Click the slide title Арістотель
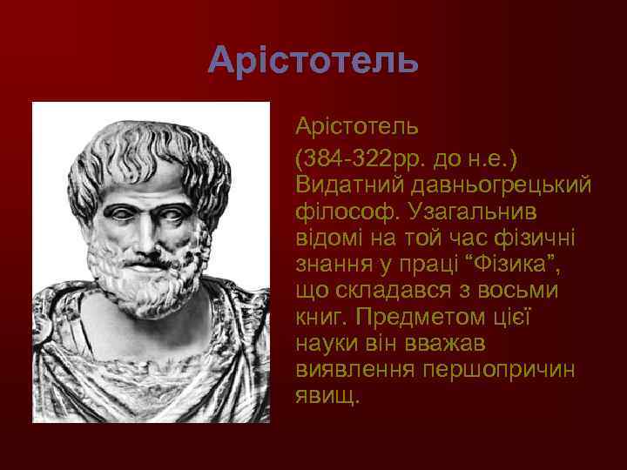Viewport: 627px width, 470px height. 313,60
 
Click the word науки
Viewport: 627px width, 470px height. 327,341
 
